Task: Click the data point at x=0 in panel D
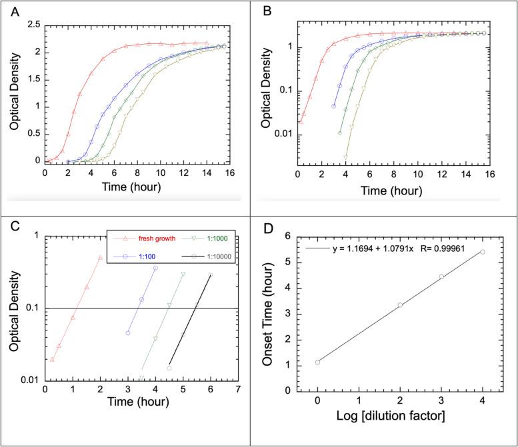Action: [317, 362]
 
